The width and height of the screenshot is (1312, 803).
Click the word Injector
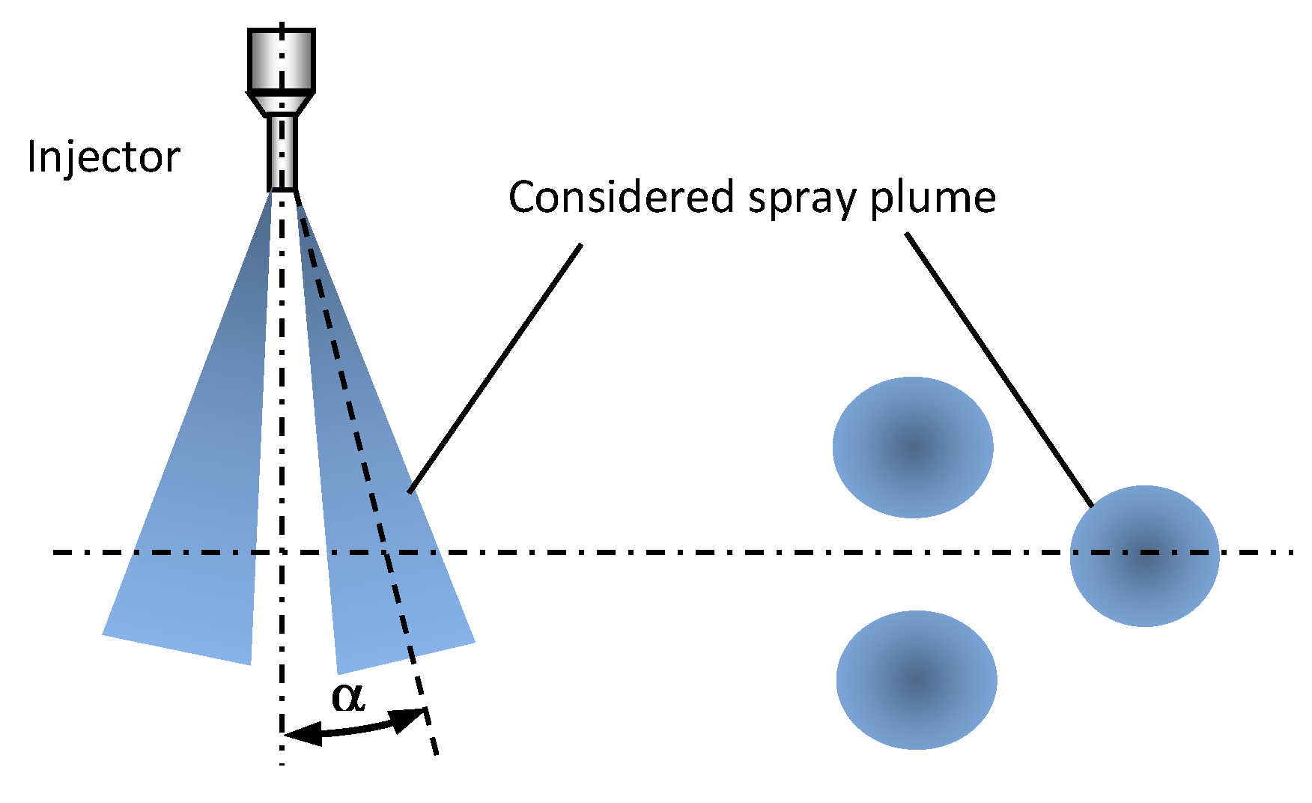103,157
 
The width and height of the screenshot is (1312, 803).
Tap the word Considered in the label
620,198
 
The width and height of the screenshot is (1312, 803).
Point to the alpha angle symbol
348,697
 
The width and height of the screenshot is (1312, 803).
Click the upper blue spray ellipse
913,447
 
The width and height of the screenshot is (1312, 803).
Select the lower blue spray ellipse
916,679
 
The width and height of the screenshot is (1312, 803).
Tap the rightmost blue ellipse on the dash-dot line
1144,556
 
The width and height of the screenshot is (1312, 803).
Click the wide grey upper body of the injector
281,60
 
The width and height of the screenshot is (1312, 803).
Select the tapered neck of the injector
281,103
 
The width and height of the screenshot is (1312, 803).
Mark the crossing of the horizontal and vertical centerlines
282,553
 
